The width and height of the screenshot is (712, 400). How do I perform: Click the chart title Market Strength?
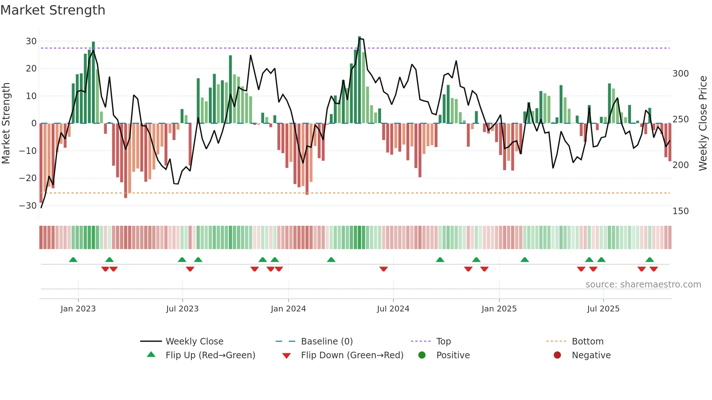tap(53, 10)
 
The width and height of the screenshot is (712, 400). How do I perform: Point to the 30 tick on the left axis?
tap(31, 41)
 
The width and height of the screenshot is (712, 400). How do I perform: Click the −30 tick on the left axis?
tap(28, 206)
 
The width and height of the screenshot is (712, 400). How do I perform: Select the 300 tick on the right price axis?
tap(680, 74)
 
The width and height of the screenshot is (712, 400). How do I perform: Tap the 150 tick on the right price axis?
tap(680, 211)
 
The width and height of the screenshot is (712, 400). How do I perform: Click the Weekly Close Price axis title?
tap(703, 123)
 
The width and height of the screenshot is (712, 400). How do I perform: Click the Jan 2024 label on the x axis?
tap(288, 309)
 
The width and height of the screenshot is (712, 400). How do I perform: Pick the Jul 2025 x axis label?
tap(603, 309)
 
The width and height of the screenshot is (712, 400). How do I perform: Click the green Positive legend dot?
tap(422, 355)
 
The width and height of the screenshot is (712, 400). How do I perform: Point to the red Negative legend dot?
tap(557, 355)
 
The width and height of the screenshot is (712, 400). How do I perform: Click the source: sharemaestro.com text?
tap(643, 285)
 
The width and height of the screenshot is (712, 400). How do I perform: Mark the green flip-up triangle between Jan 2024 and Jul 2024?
tap(331, 260)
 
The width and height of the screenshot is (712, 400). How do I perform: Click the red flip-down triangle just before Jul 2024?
tap(384, 269)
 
